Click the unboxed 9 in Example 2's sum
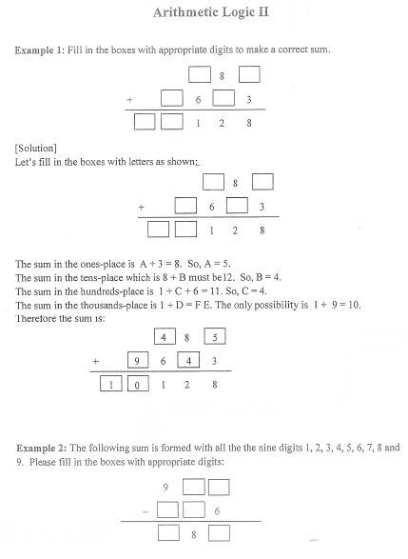tap(165, 489)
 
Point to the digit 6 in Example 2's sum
tap(220, 512)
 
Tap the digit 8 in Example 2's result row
tap(194, 536)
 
